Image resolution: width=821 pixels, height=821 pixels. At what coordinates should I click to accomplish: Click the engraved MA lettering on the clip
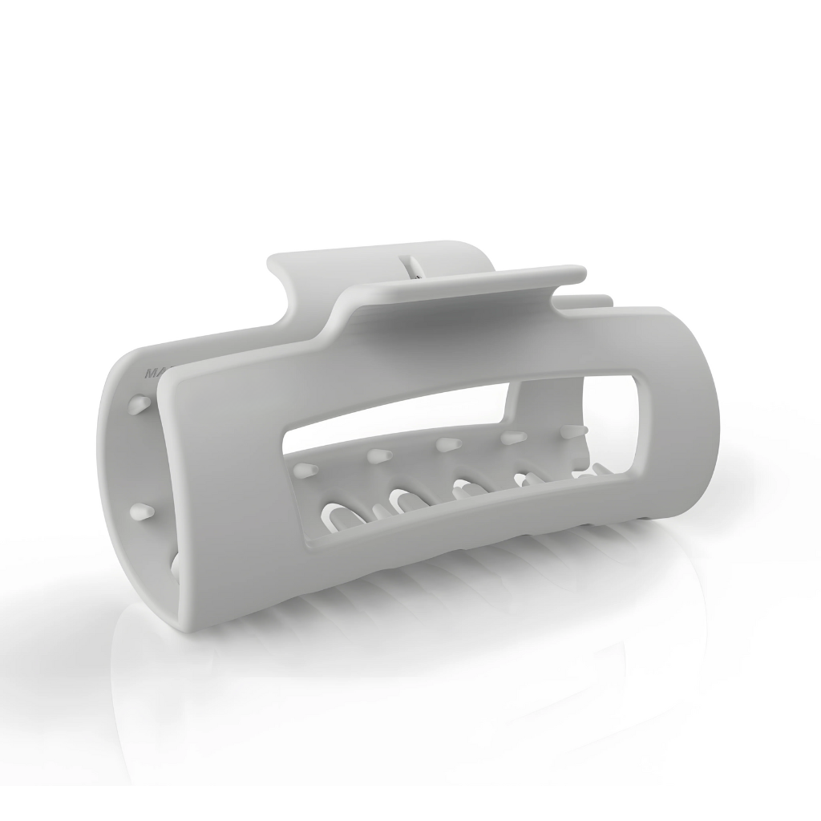tap(150, 373)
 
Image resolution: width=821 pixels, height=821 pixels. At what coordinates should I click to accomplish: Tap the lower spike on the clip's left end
tap(142, 511)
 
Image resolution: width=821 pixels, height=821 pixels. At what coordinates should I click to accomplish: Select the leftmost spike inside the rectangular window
tap(307, 469)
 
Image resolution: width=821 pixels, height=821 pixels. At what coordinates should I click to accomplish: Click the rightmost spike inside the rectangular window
tap(571, 431)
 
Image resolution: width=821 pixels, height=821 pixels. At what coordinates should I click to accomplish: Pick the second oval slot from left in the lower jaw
tap(406, 504)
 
